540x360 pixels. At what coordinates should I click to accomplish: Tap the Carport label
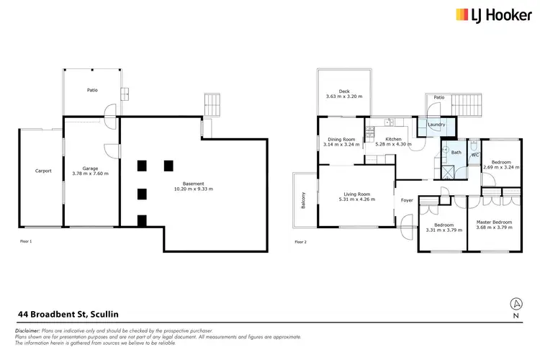pyautogui.click(x=42, y=171)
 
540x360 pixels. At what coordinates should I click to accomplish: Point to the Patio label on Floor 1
pyautogui.click(x=92, y=90)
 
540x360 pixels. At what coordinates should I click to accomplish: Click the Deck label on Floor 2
pyautogui.click(x=344, y=91)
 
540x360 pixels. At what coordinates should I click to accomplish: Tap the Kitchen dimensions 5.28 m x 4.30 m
pyautogui.click(x=394, y=144)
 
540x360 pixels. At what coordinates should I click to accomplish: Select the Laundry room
pyautogui.click(x=436, y=125)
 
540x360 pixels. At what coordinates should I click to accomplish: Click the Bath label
pyautogui.click(x=456, y=152)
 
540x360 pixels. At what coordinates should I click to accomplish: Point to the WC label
pyautogui.click(x=475, y=155)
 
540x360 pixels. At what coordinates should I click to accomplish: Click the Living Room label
pyautogui.click(x=358, y=194)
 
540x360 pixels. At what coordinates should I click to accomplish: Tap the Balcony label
pyautogui.click(x=303, y=199)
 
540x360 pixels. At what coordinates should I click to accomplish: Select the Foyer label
pyautogui.click(x=407, y=199)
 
